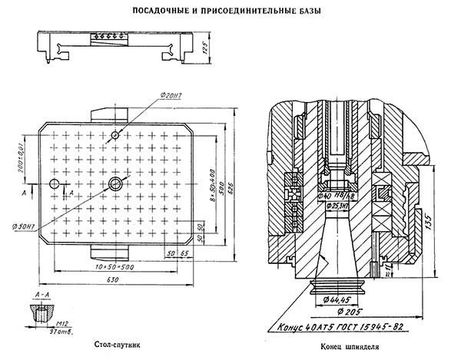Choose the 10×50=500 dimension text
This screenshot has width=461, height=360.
click(124, 266)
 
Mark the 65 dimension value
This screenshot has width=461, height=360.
click(185, 253)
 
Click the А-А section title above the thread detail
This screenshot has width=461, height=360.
click(43, 294)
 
